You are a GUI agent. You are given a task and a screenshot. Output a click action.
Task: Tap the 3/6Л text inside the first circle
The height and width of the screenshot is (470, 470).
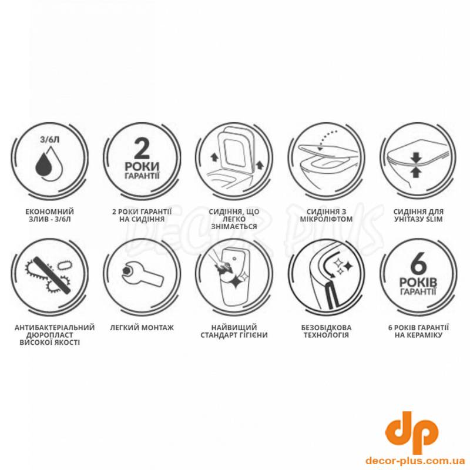(50, 140)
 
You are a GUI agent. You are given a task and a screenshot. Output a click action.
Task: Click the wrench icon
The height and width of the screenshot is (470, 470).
(143, 273)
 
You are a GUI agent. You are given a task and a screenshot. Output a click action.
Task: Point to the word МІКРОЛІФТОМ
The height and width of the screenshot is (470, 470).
(326, 219)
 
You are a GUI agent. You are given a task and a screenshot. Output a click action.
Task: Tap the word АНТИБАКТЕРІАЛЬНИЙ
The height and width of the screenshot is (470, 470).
(55, 328)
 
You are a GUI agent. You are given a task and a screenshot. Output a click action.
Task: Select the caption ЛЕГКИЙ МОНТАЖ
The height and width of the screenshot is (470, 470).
(142, 328)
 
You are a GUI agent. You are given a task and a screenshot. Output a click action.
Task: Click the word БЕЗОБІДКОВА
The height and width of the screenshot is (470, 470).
(326, 328)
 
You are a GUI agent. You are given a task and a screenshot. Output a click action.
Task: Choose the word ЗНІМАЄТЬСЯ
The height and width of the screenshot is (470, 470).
(234, 227)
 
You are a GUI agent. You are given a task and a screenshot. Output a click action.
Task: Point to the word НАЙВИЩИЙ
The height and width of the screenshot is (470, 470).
(234, 328)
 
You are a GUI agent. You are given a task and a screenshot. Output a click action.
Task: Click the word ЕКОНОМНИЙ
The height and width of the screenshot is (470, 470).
(50, 212)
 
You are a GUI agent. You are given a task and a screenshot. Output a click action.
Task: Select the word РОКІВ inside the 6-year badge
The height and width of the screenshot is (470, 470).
(418, 283)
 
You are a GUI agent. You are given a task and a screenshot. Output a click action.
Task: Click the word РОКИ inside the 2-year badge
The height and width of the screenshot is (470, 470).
(142, 167)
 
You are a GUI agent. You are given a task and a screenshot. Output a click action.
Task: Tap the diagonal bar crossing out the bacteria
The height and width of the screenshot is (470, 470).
(52, 274)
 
